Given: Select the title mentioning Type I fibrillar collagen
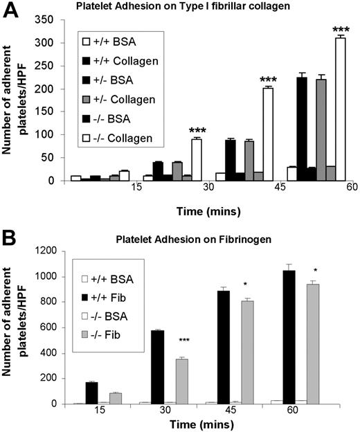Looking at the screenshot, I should click(x=201, y=8).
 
